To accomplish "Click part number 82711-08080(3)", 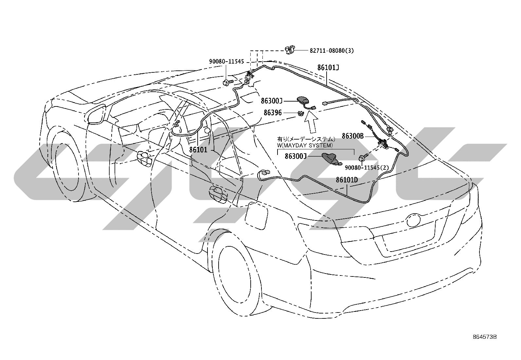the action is (x=332, y=50).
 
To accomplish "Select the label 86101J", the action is (x=328, y=67).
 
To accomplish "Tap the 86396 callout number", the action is (x=273, y=113).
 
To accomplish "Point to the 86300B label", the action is (x=352, y=136).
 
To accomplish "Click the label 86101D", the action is (x=347, y=180).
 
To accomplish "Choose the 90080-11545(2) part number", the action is (x=367, y=168).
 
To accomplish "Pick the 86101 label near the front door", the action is (x=198, y=150).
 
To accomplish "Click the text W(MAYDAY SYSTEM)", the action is (x=305, y=145).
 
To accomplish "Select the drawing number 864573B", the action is (x=485, y=343).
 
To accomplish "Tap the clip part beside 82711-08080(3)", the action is (x=290, y=50).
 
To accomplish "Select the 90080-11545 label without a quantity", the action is (x=226, y=62).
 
